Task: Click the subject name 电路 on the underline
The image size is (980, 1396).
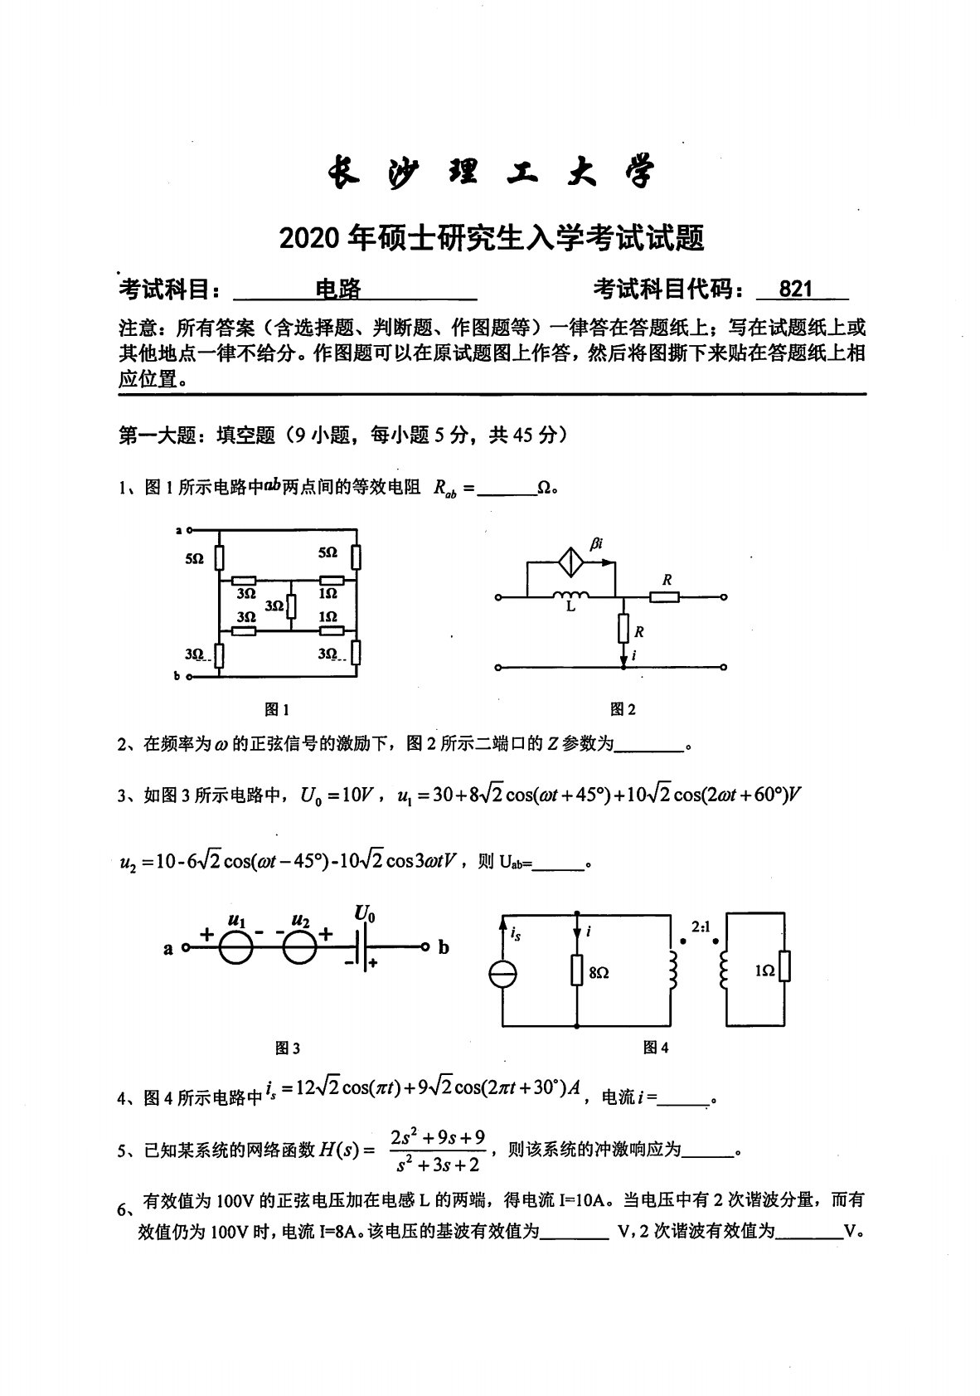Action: click(x=339, y=289)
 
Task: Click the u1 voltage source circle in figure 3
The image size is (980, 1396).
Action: click(x=236, y=946)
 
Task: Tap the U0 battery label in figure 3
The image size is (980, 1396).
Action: click(x=365, y=915)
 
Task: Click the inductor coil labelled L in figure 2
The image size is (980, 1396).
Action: click(x=571, y=595)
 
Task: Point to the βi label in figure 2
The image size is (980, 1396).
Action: click(x=596, y=542)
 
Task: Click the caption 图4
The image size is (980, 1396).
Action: click(x=656, y=1048)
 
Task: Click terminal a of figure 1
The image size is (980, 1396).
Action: click(x=189, y=528)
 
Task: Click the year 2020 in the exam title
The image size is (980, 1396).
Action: click(x=309, y=239)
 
